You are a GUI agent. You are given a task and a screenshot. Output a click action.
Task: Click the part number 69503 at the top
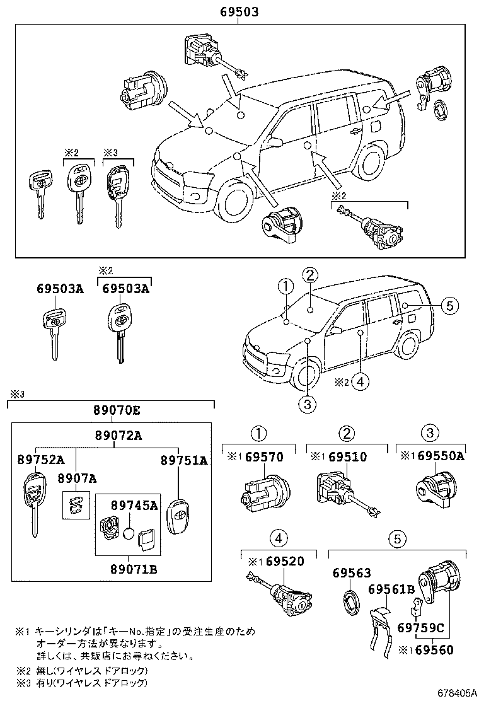point(238,12)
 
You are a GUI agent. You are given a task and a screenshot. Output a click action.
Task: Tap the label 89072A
point(114,435)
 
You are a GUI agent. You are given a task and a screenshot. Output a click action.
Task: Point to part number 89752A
point(42,460)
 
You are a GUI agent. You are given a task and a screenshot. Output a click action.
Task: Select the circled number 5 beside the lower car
point(447,306)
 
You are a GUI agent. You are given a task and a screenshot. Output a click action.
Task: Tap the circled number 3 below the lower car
point(306,404)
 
